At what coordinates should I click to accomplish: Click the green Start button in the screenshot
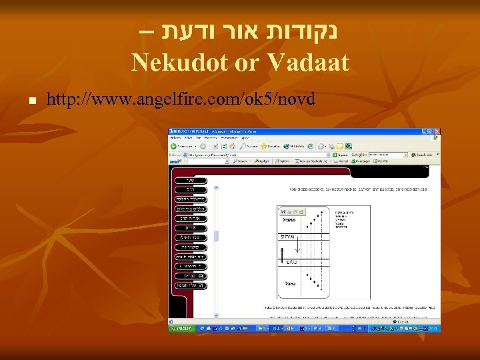click(x=181, y=328)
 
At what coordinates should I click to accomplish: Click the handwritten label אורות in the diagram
click(x=287, y=237)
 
